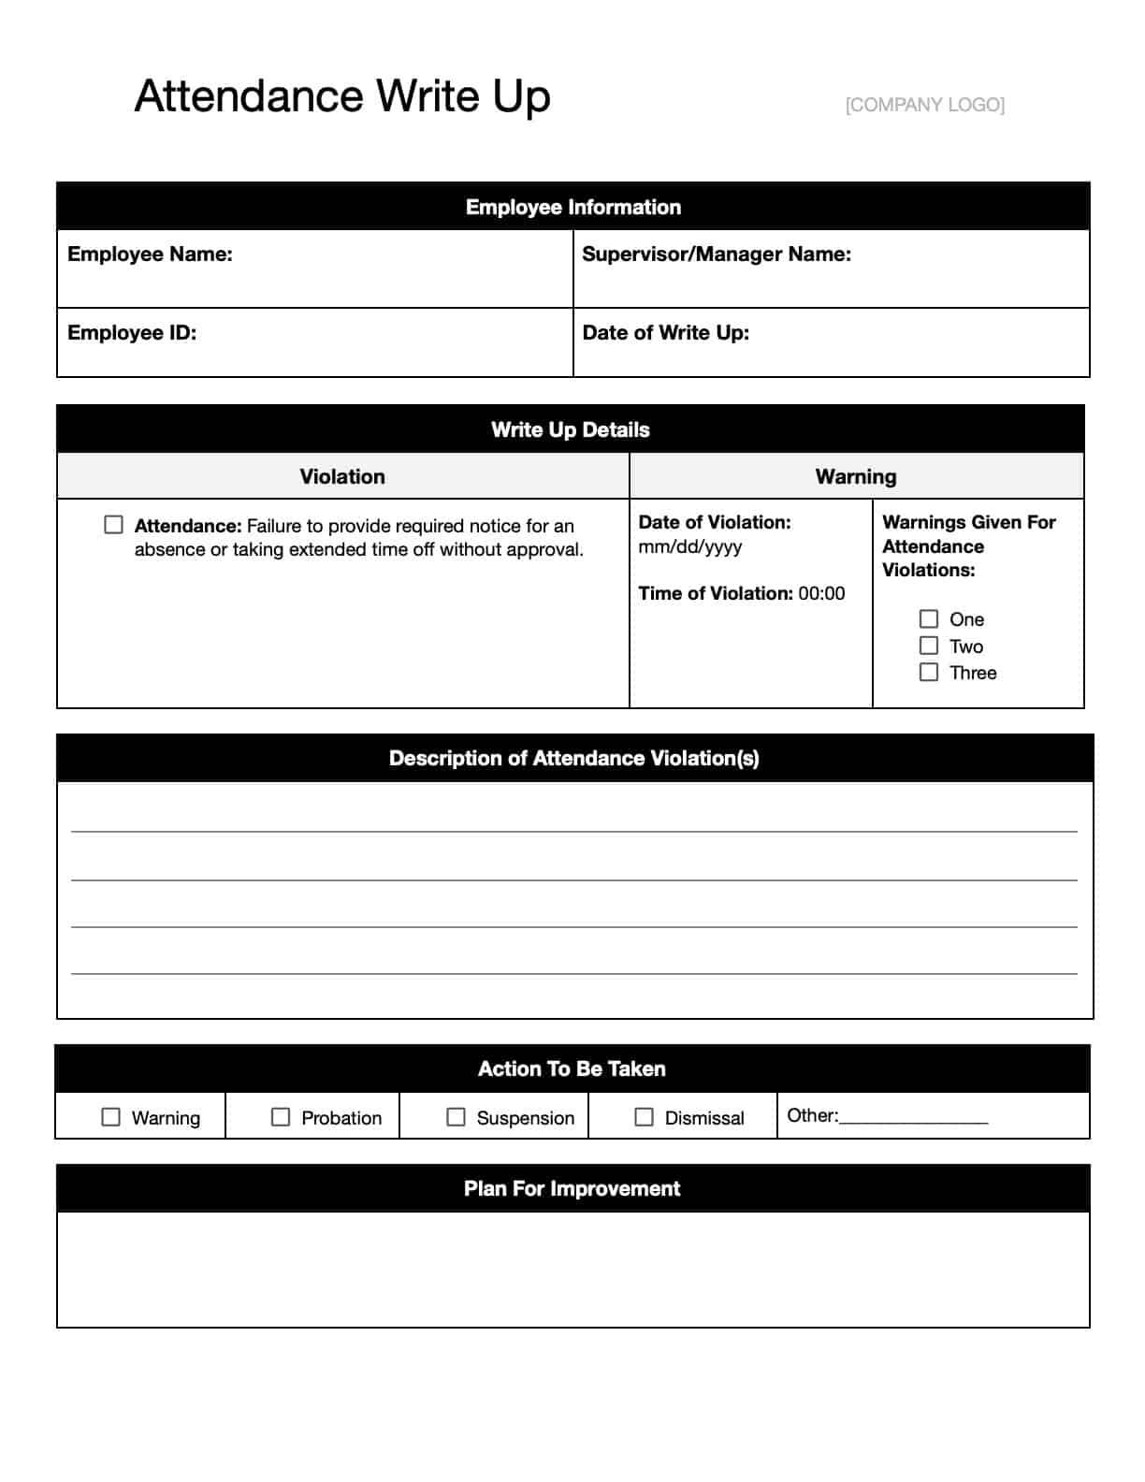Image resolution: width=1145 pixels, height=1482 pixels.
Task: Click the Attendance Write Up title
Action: coord(342,96)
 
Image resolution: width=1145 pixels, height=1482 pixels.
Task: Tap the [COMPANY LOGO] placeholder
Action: coord(924,105)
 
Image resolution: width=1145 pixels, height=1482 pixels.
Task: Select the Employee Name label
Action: coord(150,254)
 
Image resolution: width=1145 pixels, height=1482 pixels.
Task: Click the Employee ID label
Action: coord(132,333)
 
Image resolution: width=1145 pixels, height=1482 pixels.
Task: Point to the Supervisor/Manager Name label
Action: coord(717,254)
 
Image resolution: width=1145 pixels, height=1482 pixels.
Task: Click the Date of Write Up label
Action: coord(665,333)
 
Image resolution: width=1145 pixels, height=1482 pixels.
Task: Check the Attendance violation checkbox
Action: coord(113,525)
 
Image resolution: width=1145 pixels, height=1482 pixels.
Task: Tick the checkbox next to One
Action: coord(929,619)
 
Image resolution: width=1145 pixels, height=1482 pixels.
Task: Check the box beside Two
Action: coord(929,646)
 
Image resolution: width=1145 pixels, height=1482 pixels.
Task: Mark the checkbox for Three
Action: coord(929,673)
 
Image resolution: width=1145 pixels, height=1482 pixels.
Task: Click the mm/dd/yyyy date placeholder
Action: coord(690,546)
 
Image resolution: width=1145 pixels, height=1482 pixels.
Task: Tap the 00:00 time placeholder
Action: coord(821,593)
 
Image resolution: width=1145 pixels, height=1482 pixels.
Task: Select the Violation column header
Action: coord(342,477)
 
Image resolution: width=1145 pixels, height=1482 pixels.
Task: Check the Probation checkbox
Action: coord(281,1117)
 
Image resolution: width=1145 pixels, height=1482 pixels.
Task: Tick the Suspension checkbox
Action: coord(456,1117)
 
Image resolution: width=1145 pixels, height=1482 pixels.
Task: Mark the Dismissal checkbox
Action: coord(644,1117)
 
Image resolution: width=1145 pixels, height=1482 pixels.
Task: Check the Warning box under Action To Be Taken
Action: coord(110,1117)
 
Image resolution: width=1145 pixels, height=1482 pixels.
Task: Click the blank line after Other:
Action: coord(914,1117)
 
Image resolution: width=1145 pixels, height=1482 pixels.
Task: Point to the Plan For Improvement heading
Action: coord(572,1189)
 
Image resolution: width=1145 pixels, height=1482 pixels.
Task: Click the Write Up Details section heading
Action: coord(570,430)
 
